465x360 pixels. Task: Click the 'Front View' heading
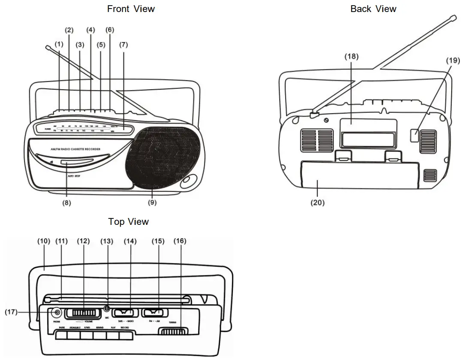pyautogui.click(x=131, y=9)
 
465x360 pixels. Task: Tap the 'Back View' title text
pyautogui.click(x=373, y=9)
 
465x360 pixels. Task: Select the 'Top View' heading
pyautogui.click(x=128, y=221)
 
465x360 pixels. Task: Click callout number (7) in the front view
pyautogui.click(x=124, y=44)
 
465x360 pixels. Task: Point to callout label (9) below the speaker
pyautogui.click(x=152, y=203)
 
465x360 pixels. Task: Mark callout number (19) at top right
pyautogui.click(x=453, y=60)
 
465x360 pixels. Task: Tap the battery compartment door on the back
pyautogui.click(x=360, y=175)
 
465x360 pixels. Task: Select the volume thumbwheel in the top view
pyautogui.click(x=84, y=312)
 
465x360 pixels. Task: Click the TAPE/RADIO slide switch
pyautogui.click(x=124, y=312)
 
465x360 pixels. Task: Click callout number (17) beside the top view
pyautogui.click(x=11, y=312)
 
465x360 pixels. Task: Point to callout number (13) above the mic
pyautogui.click(x=107, y=241)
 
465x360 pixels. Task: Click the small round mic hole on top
pyautogui.click(x=107, y=309)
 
